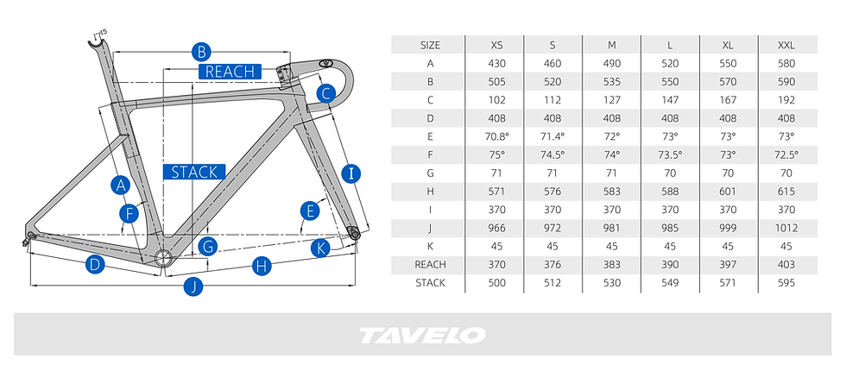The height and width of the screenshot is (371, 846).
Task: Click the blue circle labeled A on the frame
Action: tap(121, 185)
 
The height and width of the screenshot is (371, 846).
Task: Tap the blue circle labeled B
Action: tap(201, 53)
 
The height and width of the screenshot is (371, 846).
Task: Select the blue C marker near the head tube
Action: tap(326, 94)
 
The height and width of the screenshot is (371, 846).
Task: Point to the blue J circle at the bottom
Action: tap(193, 286)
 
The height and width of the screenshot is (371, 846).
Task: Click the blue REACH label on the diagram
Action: tap(230, 71)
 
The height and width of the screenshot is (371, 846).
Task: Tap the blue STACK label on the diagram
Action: tap(194, 172)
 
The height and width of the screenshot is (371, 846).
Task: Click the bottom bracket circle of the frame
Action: tap(162, 258)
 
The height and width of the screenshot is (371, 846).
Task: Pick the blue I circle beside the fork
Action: tap(351, 173)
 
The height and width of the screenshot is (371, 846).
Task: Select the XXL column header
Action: tap(786, 45)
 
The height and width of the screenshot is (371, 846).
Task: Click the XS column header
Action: tap(497, 45)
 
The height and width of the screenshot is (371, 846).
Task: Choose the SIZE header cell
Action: tap(430, 45)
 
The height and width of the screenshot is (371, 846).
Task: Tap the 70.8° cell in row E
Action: tap(497, 136)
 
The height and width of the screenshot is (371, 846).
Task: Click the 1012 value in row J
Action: tap(786, 228)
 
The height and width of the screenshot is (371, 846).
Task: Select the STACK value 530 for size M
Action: tap(612, 283)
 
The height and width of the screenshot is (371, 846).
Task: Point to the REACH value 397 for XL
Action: tap(728, 265)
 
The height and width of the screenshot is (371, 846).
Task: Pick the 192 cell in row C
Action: tap(786, 100)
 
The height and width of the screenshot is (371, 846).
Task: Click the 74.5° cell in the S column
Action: tap(553, 154)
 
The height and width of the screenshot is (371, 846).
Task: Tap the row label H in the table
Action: tap(430, 192)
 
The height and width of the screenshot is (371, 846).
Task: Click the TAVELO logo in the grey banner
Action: tap(422, 335)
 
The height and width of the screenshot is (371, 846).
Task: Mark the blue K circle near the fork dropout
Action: tap(320, 248)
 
